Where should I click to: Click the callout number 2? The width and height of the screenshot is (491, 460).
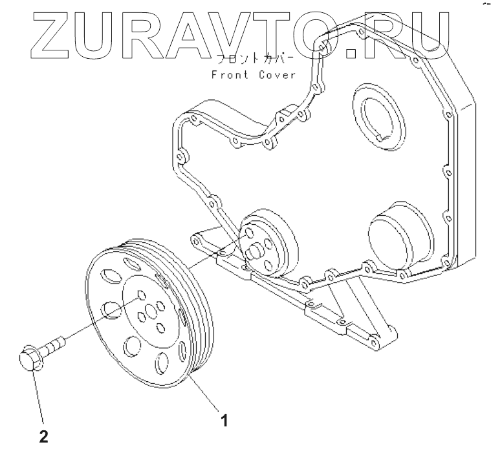43,437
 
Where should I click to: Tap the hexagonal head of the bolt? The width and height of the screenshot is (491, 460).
29,361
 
